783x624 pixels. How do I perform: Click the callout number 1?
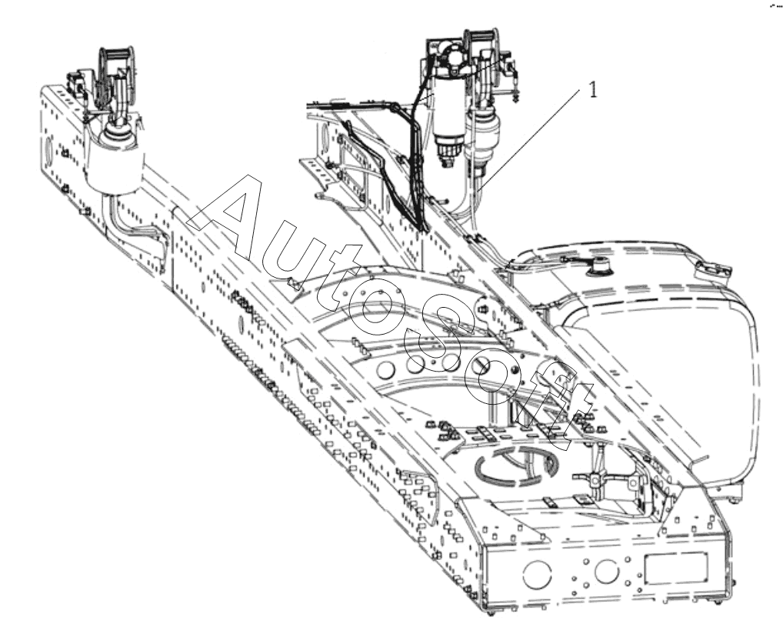click(x=593, y=90)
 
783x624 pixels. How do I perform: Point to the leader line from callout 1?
click(x=528, y=140)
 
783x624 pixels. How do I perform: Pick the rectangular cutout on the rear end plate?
click(x=676, y=568)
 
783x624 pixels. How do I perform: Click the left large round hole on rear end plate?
click(x=538, y=574)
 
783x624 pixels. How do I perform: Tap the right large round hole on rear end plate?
click(x=607, y=571)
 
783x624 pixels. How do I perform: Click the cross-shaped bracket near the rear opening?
click(x=595, y=479)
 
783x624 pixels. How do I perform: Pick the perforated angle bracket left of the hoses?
click(x=318, y=173)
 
